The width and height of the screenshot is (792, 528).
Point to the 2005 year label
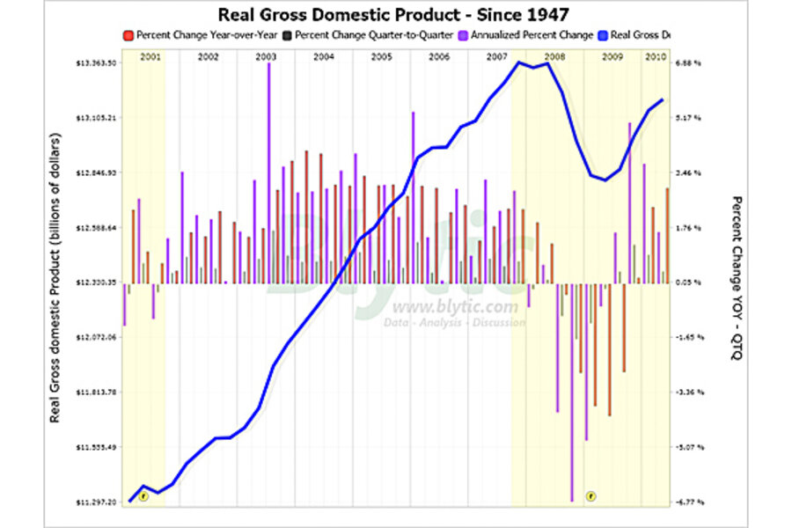[x=381, y=56]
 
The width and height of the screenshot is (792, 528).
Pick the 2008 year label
[x=554, y=56]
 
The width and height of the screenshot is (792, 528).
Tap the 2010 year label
[x=655, y=56]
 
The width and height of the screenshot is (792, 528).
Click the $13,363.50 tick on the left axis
[x=98, y=63]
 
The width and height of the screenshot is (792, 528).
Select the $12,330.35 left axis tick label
[x=98, y=282]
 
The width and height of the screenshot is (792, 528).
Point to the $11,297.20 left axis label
[x=98, y=502]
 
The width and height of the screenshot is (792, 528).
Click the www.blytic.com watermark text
[x=455, y=307]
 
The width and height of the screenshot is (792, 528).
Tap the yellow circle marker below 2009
[x=591, y=496]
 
